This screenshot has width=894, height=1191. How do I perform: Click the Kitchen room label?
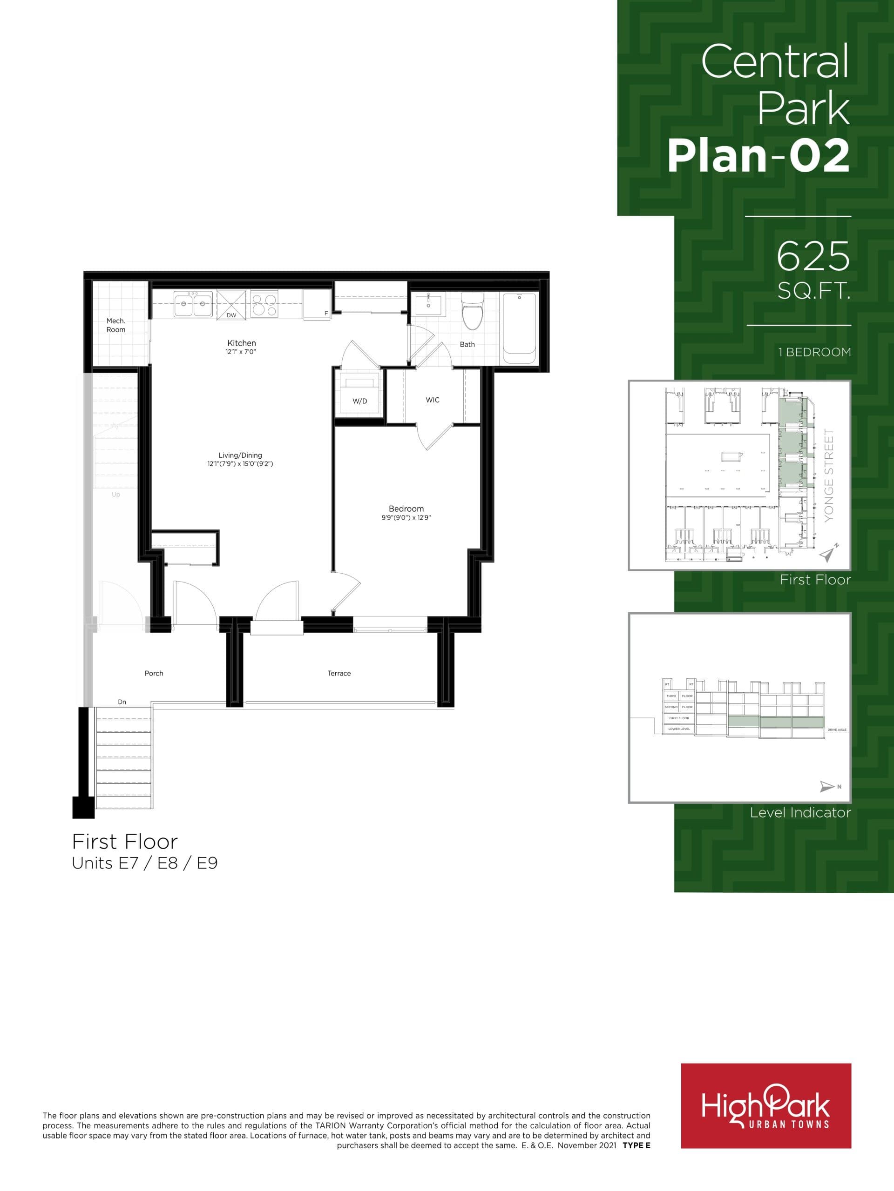pos(241,343)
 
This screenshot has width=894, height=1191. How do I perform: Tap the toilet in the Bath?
pos(473,312)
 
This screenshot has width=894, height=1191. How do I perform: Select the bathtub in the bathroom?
pos(520,328)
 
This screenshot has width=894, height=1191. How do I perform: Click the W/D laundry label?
pos(359,401)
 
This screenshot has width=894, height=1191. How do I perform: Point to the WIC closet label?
pos(432,400)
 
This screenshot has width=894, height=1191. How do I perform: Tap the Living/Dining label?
pos(240,455)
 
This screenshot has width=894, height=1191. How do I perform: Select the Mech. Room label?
pos(116,325)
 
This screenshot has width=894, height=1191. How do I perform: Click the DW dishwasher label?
pos(231,315)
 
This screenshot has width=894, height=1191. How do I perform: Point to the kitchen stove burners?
pos(264,304)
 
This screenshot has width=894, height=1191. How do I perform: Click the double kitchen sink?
pos(193,304)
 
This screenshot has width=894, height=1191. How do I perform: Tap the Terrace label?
pos(339,674)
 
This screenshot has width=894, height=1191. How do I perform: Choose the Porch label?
pos(154,674)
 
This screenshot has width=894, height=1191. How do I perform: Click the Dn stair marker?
pos(122,702)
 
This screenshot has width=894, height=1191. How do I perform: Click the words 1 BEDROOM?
pos(814,352)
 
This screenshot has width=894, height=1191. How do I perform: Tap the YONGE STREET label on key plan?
pos(829,475)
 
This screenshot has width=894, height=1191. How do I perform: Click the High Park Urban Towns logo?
pos(766,1106)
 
